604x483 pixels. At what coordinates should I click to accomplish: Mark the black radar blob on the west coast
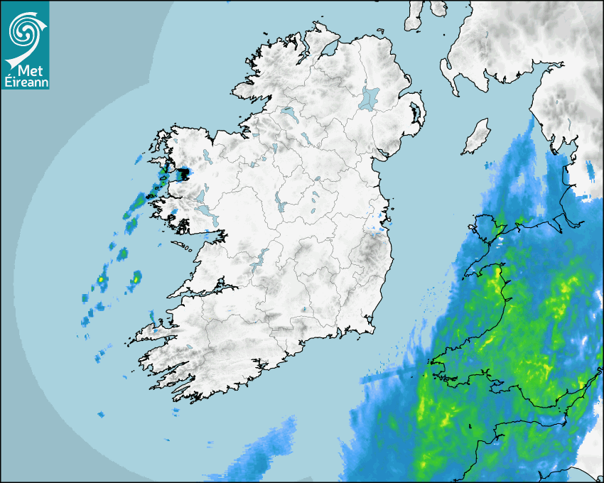point(183,173)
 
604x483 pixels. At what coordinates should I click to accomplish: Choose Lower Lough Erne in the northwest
point(288,112)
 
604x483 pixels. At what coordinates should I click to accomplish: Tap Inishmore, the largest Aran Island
point(183,246)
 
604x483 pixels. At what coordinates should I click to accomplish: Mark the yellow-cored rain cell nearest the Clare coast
point(135,278)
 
